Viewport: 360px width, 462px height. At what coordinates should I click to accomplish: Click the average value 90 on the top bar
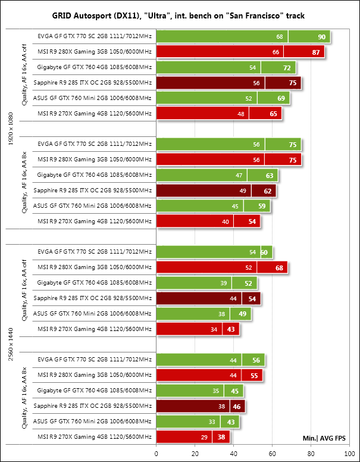[x=322, y=37]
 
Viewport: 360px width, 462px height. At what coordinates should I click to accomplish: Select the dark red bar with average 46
[x=201, y=406]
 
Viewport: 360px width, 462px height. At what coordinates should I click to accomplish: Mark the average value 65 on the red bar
[x=274, y=114]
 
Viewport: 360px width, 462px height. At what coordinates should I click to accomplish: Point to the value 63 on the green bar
[x=269, y=175]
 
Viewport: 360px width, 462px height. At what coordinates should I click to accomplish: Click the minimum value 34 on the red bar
[x=214, y=329]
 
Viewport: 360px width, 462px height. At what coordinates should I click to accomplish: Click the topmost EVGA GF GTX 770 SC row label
[x=94, y=37]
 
